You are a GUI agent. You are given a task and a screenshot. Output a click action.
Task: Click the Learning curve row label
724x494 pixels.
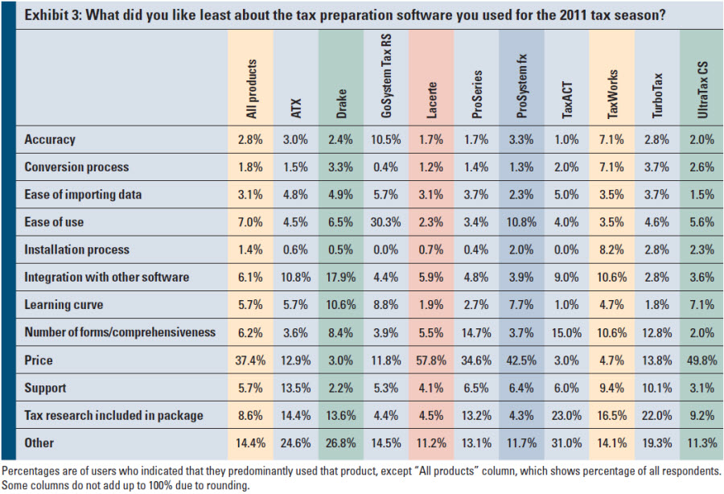(x=64, y=305)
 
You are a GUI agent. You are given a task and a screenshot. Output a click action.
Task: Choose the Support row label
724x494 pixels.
(x=46, y=388)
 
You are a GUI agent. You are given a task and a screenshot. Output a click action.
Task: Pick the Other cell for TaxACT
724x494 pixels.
(x=567, y=443)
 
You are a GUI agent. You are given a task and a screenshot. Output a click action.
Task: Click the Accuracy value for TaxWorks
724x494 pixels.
(x=612, y=139)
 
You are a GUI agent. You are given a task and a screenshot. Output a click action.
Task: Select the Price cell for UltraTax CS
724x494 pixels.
(x=702, y=360)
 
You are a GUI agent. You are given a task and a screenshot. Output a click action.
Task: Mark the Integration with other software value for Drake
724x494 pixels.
(x=342, y=277)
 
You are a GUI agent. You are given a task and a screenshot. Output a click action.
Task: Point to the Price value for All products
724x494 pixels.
(x=249, y=360)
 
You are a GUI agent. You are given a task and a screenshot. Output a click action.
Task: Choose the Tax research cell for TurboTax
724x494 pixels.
(x=658, y=415)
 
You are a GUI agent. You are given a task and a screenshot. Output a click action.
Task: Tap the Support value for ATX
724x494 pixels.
(x=296, y=388)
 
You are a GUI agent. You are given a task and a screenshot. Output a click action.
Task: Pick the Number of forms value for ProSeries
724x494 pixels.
(x=477, y=332)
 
